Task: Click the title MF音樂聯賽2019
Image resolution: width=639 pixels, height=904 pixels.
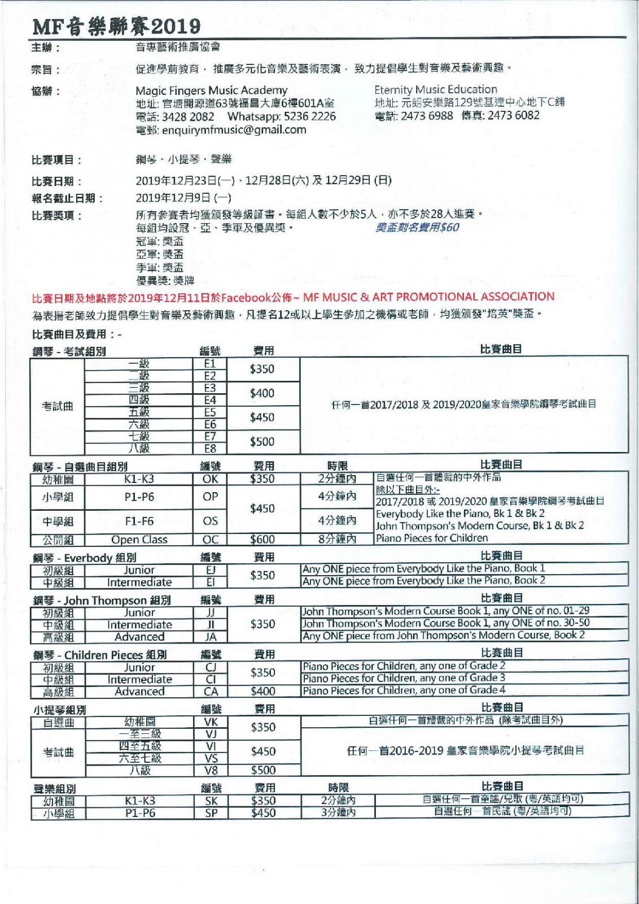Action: tap(116, 26)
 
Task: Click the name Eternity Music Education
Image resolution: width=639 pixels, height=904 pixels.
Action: tap(435, 89)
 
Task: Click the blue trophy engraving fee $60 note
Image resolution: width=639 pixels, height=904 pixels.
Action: tap(417, 227)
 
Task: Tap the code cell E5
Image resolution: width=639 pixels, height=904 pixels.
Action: tap(210, 412)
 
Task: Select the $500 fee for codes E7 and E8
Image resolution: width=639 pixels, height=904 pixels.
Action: tap(262, 442)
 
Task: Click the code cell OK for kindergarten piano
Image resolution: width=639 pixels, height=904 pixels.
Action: tap(210, 479)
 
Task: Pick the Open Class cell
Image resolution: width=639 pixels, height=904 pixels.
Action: tap(139, 540)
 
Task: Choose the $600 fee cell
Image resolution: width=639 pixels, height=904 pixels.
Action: tap(262, 540)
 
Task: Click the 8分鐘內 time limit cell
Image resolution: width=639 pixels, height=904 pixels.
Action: tap(337, 539)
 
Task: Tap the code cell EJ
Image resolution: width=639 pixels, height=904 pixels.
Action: tap(210, 570)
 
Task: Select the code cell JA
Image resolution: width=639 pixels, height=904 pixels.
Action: tap(211, 637)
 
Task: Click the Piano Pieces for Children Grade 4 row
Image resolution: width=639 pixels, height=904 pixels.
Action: tap(404, 690)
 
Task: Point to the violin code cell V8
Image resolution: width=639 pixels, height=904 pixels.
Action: tap(211, 770)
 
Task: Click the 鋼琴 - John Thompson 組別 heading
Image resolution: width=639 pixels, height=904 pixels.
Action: tap(102, 600)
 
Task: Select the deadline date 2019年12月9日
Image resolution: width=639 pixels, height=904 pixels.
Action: tap(183, 198)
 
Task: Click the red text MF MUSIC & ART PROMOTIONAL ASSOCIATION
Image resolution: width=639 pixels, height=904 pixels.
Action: tap(428, 297)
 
